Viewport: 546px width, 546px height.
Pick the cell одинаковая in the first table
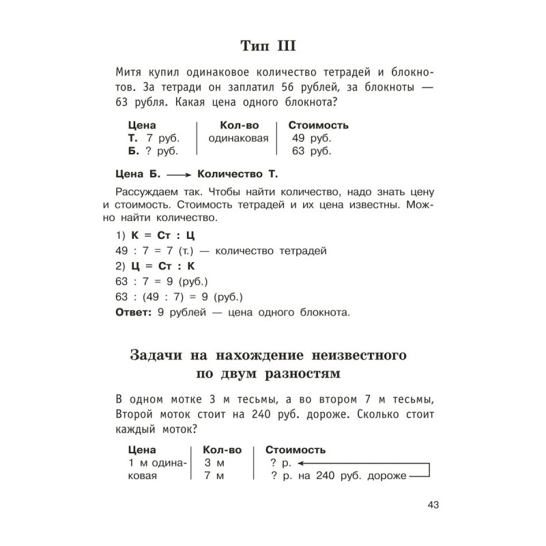(235, 138)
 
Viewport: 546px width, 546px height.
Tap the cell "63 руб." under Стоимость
(311, 150)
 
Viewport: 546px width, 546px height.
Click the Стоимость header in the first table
(319, 126)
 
